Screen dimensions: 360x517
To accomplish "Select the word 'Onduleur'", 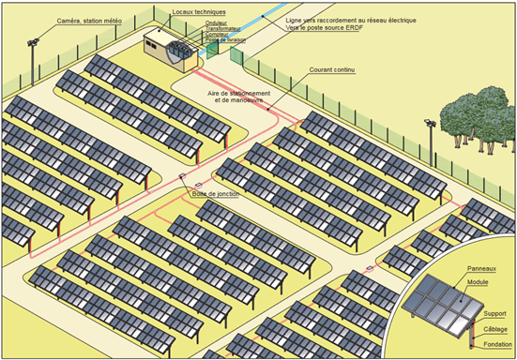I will tap(218, 23).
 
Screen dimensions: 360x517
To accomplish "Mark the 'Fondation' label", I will tap(494, 343).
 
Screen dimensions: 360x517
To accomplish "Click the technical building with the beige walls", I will tap(167, 49).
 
